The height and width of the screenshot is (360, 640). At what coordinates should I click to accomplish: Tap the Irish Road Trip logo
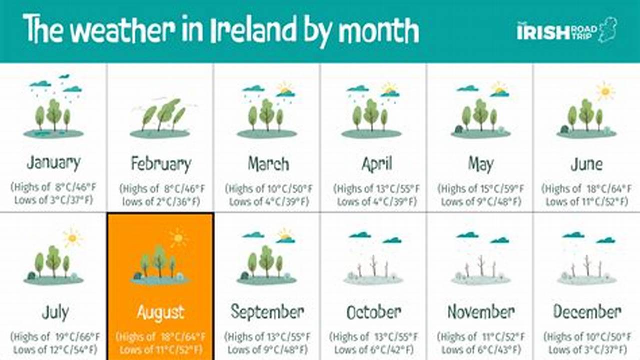[566, 31]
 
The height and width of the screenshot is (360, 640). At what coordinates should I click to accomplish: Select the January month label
[54, 162]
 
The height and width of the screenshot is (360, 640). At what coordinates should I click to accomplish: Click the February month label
[161, 163]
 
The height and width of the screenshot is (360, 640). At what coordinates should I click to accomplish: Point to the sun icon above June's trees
[605, 91]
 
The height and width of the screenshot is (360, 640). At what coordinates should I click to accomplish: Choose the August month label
[161, 312]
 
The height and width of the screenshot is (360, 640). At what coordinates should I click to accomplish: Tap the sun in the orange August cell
[178, 238]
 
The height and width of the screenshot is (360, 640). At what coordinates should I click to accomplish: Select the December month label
[586, 312]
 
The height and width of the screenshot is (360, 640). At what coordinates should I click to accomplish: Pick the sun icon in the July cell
[72, 238]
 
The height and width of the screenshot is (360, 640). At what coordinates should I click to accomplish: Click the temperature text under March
[267, 195]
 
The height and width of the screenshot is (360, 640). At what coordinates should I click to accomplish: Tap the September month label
[267, 312]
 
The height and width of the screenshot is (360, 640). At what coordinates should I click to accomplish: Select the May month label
[480, 163]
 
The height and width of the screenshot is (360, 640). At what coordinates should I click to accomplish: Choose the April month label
[376, 163]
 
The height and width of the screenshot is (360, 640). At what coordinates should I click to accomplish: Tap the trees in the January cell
[53, 114]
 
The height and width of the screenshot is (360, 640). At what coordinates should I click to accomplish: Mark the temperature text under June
[586, 195]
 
